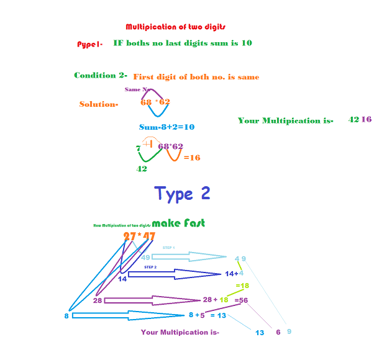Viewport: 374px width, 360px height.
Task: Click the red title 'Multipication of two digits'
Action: coord(175,27)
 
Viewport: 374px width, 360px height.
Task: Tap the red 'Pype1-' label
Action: coord(89,44)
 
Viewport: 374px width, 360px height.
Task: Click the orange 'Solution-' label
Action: coord(99,104)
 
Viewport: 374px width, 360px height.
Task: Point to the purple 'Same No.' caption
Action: coord(138,89)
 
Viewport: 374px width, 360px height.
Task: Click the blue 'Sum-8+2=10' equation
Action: coord(166,127)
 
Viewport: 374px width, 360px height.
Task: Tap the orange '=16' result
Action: coord(192,158)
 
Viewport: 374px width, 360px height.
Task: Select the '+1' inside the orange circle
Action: coord(148,144)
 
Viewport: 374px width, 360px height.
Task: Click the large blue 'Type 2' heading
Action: coord(182,193)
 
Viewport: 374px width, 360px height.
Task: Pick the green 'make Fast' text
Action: coord(178,223)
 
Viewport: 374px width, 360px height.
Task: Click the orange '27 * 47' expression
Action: coord(139,236)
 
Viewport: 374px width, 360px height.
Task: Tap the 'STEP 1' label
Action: coord(169,248)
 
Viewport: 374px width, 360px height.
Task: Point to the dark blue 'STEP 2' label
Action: coord(150,267)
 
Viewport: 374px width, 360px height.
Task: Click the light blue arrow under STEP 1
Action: coord(189,257)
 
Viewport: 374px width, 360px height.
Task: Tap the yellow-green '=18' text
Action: coord(242,286)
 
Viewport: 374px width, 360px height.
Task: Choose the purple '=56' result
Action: coord(241,300)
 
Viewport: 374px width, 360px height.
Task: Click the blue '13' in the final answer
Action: coord(260,333)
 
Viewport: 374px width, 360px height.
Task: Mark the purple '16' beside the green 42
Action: coord(367,119)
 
